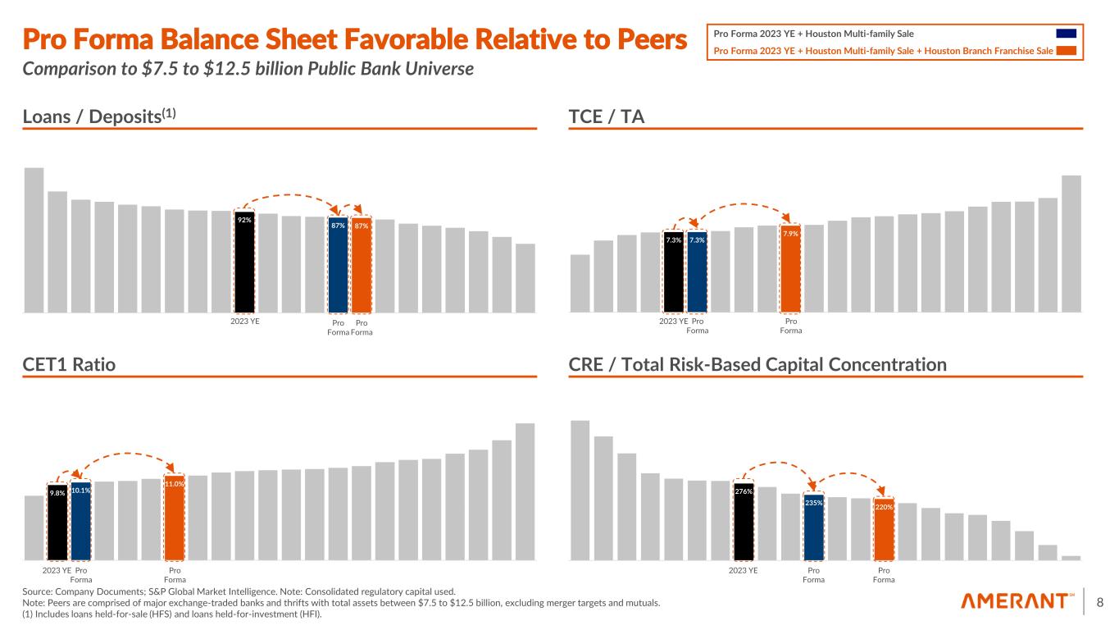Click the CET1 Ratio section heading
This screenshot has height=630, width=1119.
[69, 364]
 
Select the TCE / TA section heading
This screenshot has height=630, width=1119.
[606, 117]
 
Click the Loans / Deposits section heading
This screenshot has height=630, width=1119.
[99, 117]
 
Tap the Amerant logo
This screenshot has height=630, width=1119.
[1018, 602]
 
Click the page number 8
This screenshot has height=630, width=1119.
[1100, 602]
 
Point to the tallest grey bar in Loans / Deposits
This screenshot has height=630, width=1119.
[34, 240]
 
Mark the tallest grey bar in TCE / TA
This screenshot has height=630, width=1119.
[1071, 244]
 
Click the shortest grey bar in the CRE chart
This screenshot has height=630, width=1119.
[1071, 558]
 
